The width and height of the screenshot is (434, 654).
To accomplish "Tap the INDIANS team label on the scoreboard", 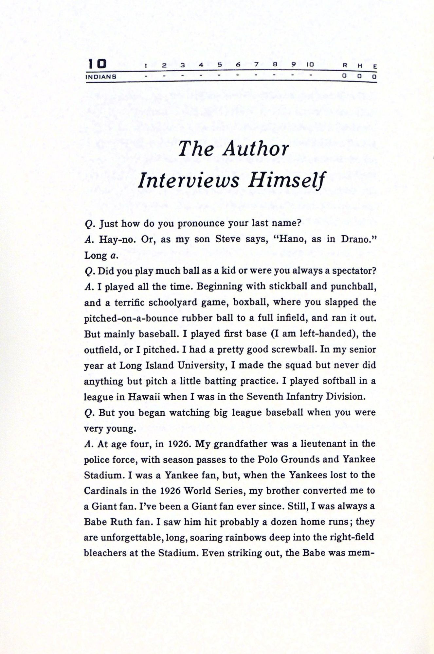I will click(x=101, y=77).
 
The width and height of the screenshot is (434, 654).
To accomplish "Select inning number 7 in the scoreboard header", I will click(x=257, y=65).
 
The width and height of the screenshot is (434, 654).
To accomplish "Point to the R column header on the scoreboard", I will click(x=345, y=65).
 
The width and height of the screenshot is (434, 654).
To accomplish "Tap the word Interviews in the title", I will click(x=189, y=180).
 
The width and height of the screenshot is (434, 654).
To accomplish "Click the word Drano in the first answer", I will click(x=357, y=239).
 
